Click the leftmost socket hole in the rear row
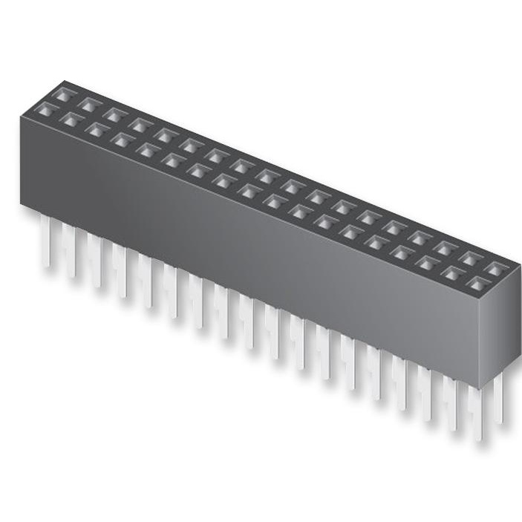[x=64, y=95]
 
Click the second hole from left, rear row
[x=90, y=105]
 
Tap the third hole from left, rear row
[x=115, y=115]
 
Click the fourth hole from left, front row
[x=123, y=140]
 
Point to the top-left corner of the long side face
[x=21, y=118]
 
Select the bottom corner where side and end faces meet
[x=478, y=387]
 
